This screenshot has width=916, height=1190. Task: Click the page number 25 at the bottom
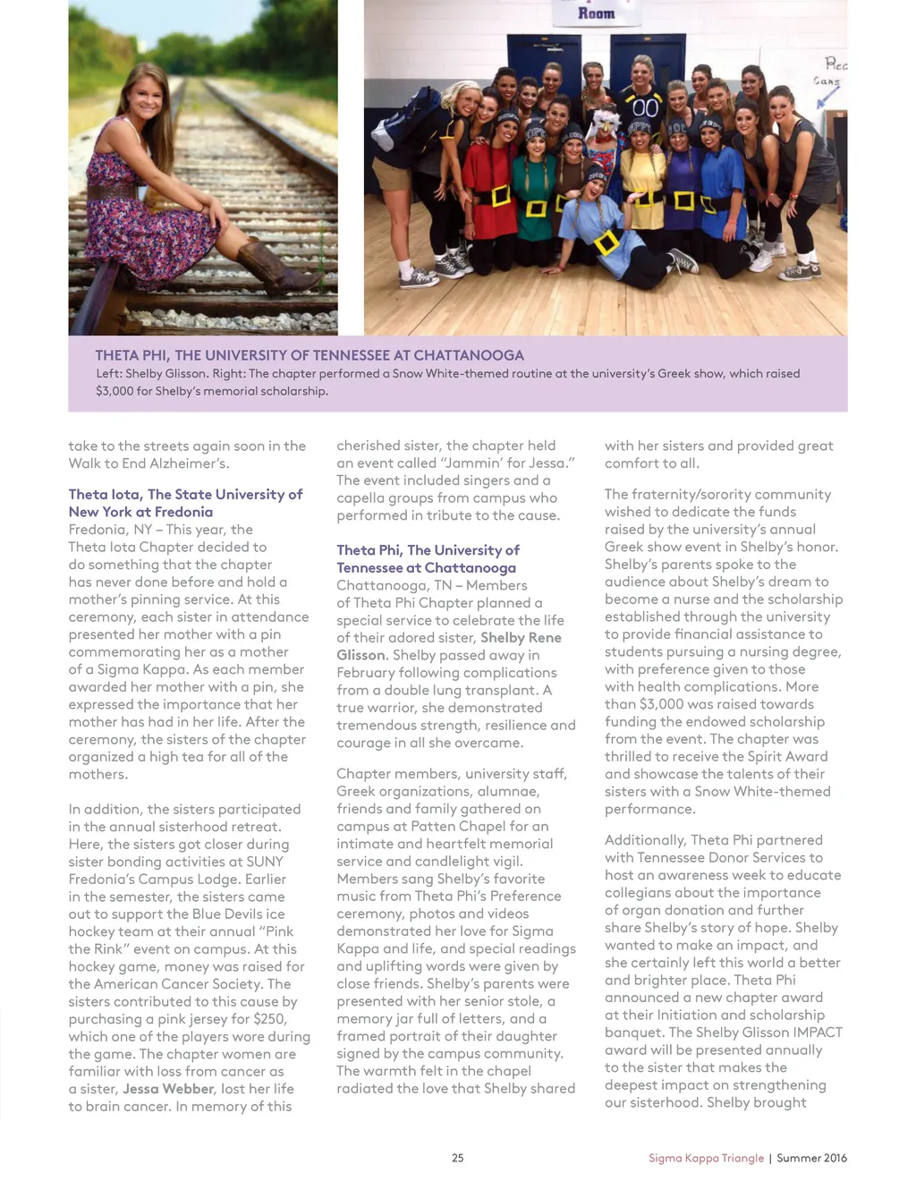click(x=457, y=1158)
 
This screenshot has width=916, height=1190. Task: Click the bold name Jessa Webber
click(x=168, y=1089)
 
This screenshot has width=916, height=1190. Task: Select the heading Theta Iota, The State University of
click(x=185, y=494)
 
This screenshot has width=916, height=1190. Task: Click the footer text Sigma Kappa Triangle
click(x=706, y=1158)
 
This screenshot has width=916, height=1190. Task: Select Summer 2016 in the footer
click(x=811, y=1158)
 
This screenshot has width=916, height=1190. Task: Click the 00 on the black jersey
click(x=644, y=108)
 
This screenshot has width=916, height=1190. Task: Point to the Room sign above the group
click(x=596, y=13)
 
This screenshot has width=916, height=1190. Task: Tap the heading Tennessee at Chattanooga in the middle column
click(x=426, y=567)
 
